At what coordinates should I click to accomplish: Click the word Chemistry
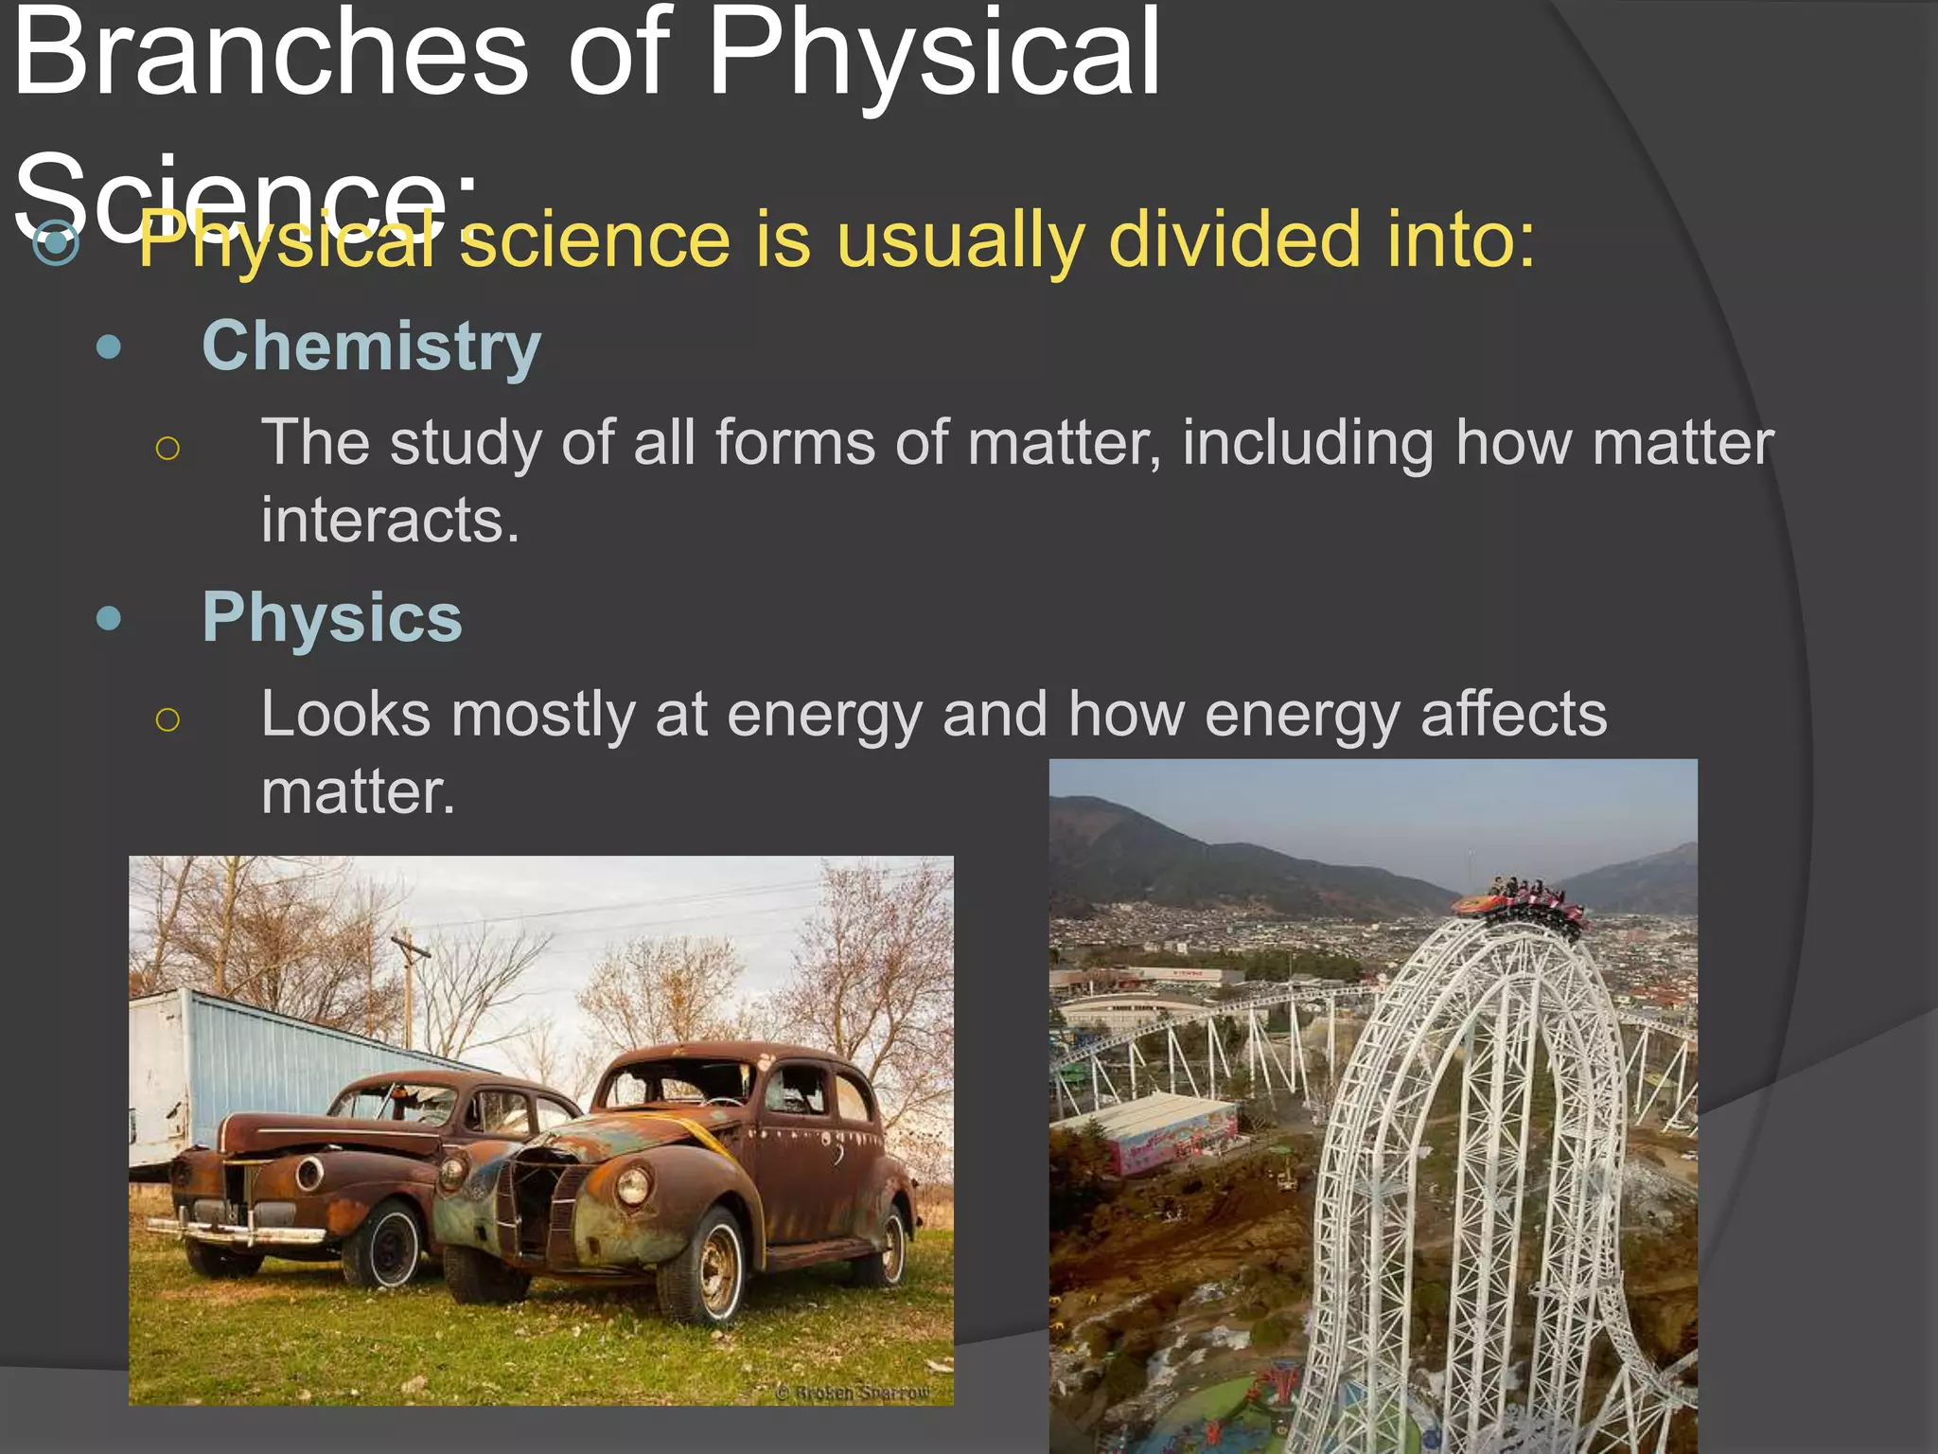coord(371,347)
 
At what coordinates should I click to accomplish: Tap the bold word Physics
coord(332,618)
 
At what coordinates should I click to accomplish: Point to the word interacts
coord(390,520)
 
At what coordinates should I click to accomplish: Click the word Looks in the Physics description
coord(345,714)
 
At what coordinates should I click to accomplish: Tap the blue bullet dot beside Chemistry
coord(110,347)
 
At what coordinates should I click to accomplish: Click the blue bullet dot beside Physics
coord(110,619)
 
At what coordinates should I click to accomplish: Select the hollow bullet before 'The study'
coord(167,448)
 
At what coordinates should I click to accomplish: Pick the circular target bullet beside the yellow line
coord(56,242)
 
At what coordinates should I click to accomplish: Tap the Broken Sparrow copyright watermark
coord(853,1392)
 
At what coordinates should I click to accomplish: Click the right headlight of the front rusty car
coord(632,1184)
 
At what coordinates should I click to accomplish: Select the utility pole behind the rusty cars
coord(410,984)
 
